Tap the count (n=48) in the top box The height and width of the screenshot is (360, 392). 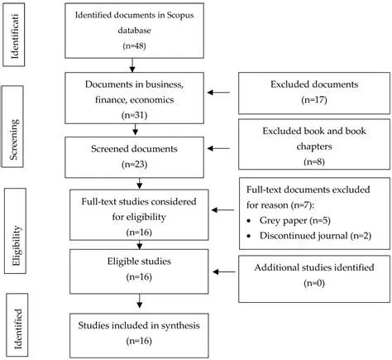[134, 47]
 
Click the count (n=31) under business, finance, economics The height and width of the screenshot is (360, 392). [134, 114]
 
